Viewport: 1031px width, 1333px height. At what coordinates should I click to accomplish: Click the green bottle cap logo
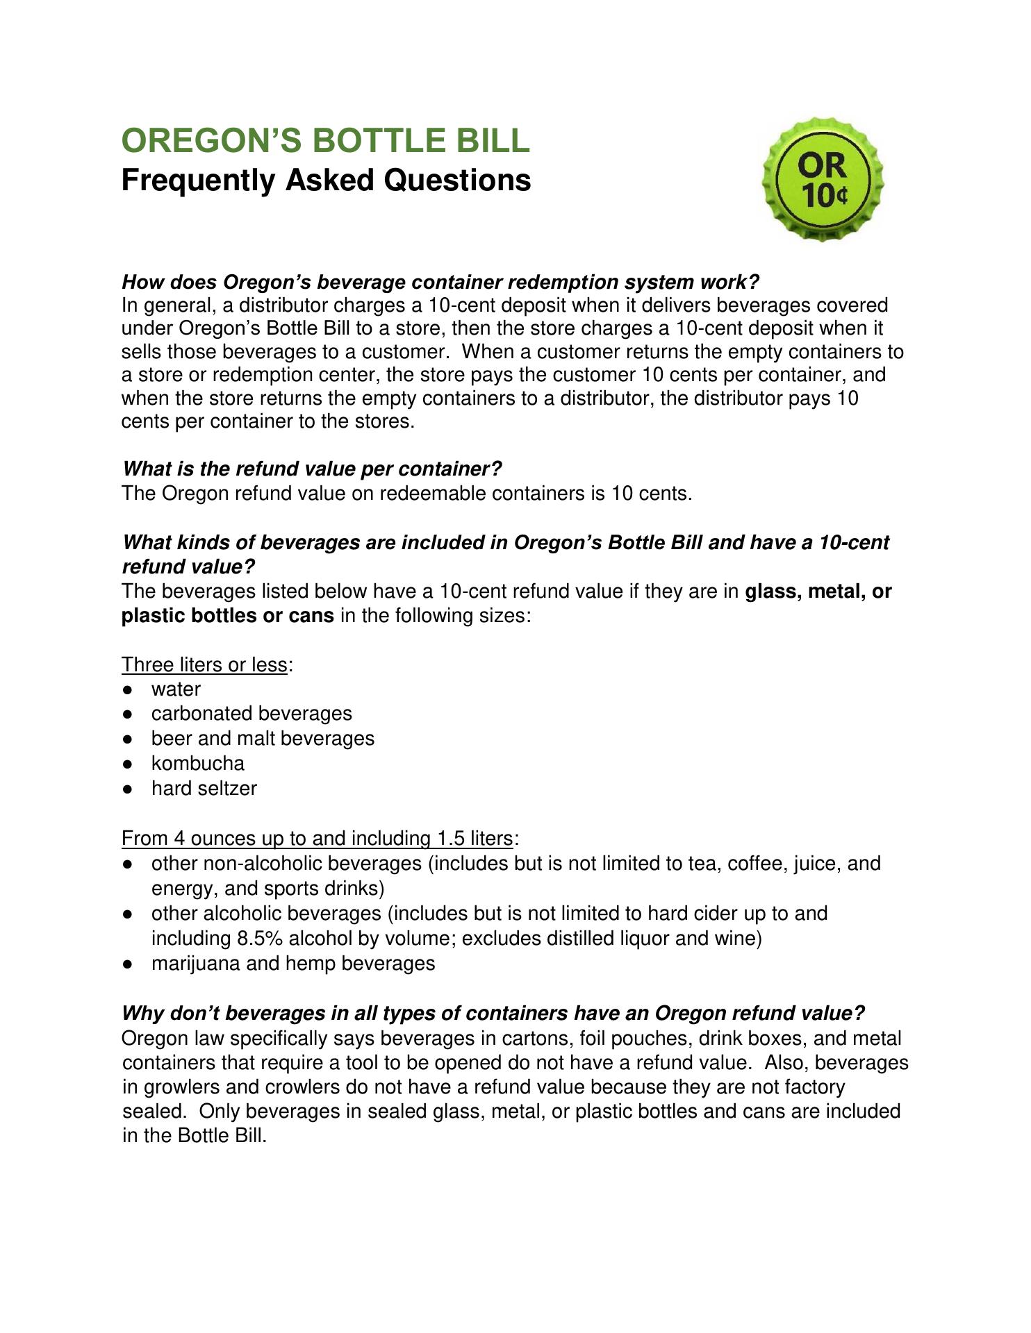(823, 180)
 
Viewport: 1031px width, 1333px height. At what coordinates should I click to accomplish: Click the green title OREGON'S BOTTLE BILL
(325, 140)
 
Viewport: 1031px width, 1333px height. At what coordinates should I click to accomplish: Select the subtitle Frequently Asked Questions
(326, 181)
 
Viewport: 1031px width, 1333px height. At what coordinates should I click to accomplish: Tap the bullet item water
(176, 689)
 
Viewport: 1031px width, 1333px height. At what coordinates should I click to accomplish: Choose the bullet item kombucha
(198, 764)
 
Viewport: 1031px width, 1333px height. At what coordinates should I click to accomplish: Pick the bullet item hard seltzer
(204, 789)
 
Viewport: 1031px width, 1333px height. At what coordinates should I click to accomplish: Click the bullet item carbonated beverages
(251, 714)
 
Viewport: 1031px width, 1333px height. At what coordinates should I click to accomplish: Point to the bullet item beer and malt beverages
(263, 739)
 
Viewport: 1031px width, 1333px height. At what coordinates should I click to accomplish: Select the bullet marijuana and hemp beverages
(293, 964)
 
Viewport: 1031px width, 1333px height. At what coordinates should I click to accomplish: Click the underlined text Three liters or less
(204, 665)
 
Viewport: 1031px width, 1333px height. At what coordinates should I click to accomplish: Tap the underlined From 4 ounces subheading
(317, 839)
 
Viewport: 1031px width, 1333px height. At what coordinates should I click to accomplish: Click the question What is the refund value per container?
(312, 469)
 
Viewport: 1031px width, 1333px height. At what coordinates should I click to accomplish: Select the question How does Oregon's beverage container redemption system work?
(440, 282)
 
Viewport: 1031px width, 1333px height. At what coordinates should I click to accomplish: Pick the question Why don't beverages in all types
(493, 1014)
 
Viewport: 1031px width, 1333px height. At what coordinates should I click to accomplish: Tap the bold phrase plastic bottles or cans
(228, 616)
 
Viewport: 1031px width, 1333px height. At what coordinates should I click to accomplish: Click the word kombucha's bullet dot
(128, 764)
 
